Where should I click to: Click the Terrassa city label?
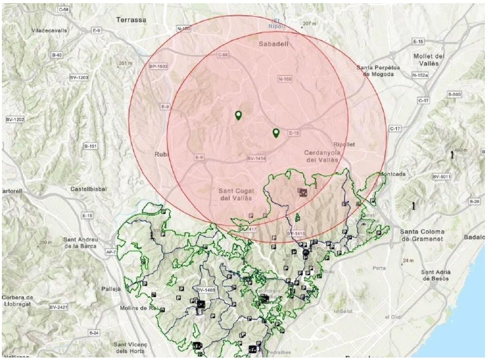131,20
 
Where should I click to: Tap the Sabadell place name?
272,45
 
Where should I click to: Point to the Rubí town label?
162,153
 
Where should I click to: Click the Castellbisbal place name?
88,188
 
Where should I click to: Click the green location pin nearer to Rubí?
238,115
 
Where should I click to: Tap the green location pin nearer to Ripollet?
276,133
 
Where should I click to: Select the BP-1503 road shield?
159,66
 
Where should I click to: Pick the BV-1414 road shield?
256,159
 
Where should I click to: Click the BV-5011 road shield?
441,177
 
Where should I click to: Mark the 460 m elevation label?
461,150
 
